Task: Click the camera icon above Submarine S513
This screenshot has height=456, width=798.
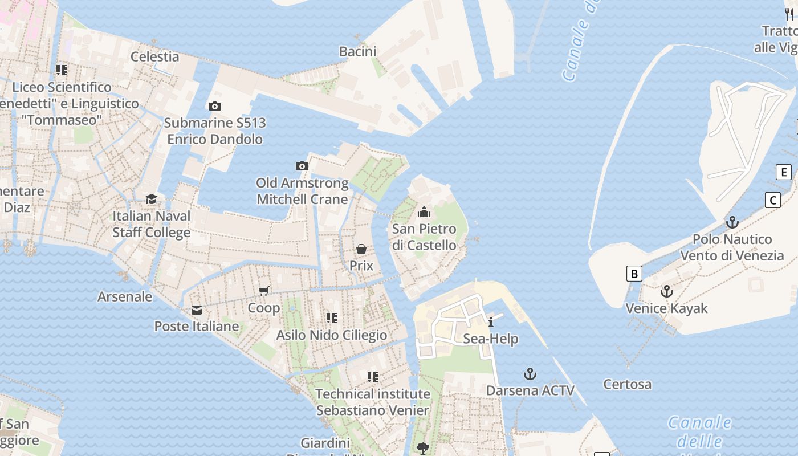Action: (x=215, y=106)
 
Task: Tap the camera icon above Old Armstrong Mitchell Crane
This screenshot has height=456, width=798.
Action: (x=302, y=166)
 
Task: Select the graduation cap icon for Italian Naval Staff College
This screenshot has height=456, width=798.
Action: (x=151, y=199)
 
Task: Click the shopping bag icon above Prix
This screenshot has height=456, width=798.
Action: (x=361, y=249)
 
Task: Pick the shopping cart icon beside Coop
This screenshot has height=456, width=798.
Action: (x=264, y=291)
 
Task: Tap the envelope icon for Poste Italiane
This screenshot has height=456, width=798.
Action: (x=197, y=310)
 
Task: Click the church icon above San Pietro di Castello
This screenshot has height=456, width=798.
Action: (x=424, y=213)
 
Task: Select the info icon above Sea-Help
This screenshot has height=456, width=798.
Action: (x=491, y=322)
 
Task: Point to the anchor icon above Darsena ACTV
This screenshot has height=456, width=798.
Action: (x=530, y=374)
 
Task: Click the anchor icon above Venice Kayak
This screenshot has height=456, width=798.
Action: (x=666, y=292)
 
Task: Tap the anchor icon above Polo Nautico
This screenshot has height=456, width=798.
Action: (x=732, y=222)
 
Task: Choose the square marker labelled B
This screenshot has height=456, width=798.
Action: (x=634, y=274)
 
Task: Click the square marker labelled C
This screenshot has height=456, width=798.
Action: (x=773, y=200)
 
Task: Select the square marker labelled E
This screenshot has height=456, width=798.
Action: (x=784, y=172)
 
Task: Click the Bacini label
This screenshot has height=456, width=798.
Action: (x=358, y=51)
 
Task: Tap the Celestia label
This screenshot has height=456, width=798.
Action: (x=155, y=56)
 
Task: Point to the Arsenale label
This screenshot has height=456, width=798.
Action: (x=125, y=296)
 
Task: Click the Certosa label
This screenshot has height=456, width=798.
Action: (x=628, y=385)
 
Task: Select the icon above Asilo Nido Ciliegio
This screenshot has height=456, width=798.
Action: (x=332, y=318)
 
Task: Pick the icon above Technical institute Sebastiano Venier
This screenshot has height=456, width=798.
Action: (x=373, y=377)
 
